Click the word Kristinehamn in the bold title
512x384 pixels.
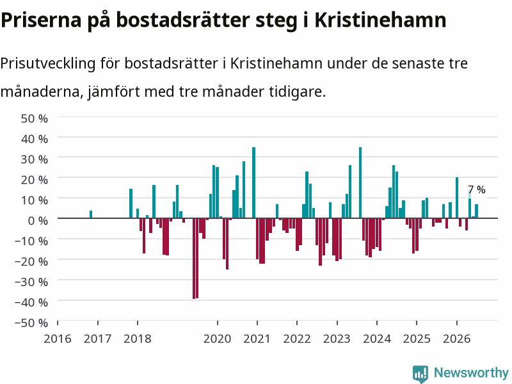tap(380, 20)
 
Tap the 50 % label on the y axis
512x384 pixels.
tap(35, 118)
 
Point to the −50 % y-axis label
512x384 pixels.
tap(31, 323)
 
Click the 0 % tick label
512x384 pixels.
tap(38, 221)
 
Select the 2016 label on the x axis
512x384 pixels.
tap(58, 339)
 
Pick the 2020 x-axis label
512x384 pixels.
tap(217, 339)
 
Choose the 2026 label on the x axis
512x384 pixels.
tap(456, 339)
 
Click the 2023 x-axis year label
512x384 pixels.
tap(337, 339)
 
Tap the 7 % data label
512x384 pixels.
tap(477, 189)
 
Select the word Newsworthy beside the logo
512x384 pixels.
tap(471, 372)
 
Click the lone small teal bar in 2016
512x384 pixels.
tap(91, 214)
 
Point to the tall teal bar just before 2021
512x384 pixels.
tap(253, 182)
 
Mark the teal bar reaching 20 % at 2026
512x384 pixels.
tap(457, 198)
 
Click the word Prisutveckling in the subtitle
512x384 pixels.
tap(47, 63)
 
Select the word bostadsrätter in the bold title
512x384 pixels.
tap(183, 20)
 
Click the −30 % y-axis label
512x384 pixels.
tap(31, 282)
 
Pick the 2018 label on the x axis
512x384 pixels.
tap(138, 339)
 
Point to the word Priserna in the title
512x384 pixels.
tap(41, 20)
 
